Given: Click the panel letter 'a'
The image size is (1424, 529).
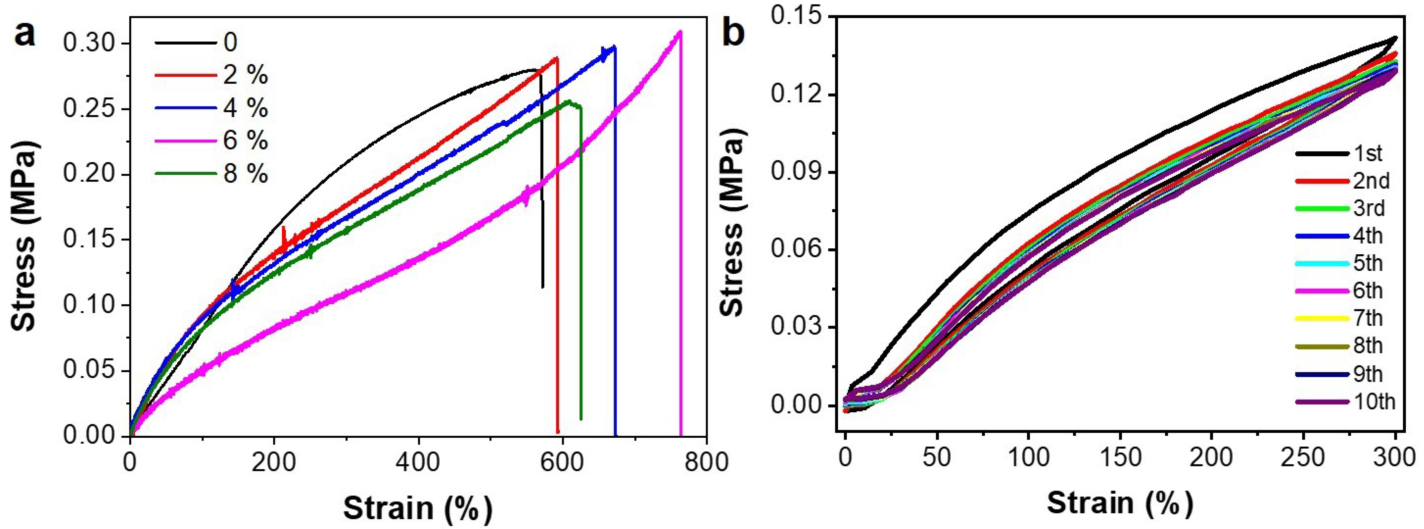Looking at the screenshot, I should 25,34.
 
